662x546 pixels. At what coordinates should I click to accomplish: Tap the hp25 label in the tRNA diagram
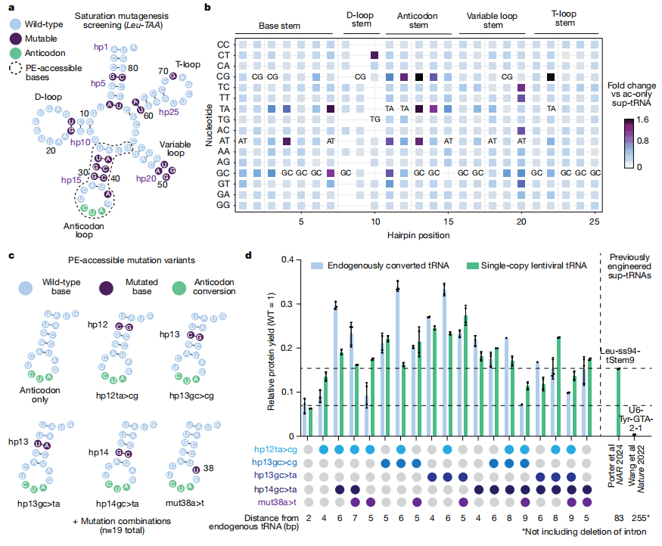coord(169,112)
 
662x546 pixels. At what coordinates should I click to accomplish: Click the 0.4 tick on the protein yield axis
coord(289,260)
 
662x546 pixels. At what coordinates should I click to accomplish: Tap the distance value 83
coord(619,518)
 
